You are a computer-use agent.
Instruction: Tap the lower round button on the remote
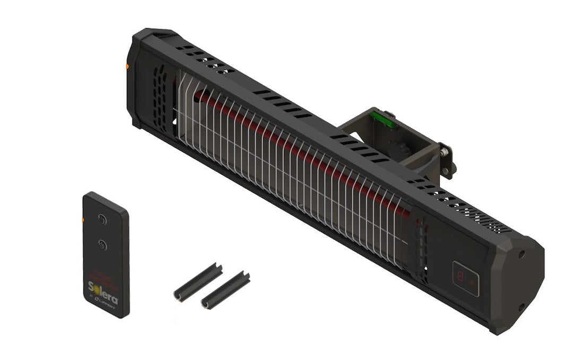102,244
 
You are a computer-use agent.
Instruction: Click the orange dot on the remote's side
84,218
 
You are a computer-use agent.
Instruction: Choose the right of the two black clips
225,290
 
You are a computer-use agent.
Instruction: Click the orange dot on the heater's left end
127,66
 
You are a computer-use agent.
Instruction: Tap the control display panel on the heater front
466,278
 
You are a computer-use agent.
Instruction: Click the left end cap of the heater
135,80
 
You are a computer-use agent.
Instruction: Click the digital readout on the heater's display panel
461,276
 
